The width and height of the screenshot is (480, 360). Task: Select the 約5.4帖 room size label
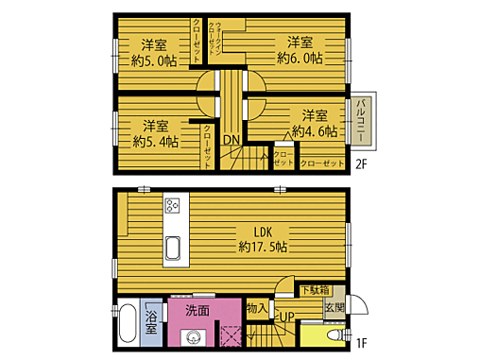click(155, 142)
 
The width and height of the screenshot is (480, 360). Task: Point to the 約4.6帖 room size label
click(315, 132)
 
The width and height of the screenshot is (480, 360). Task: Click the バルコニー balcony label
click(360, 123)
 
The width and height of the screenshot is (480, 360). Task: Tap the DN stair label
click(231, 142)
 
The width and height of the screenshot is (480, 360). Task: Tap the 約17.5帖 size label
click(264, 247)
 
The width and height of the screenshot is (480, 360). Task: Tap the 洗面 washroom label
click(197, 310)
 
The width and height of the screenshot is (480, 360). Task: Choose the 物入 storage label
click(256, 308)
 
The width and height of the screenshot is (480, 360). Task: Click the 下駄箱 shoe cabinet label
click(316, 290)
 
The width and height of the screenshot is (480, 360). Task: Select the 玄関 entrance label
click(334, 308)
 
